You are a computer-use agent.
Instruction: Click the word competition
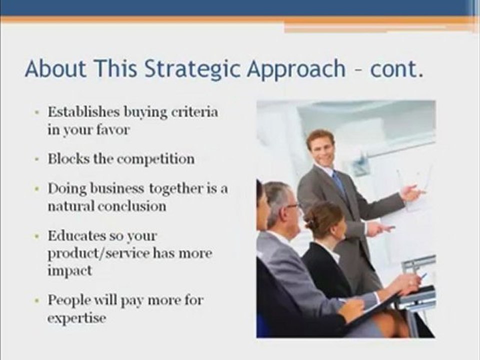point(155,159)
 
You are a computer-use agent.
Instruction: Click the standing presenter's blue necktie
point(338,182)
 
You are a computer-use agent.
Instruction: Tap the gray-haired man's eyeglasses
point(292,205)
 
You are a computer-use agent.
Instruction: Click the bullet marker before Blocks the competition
point(37,159)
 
